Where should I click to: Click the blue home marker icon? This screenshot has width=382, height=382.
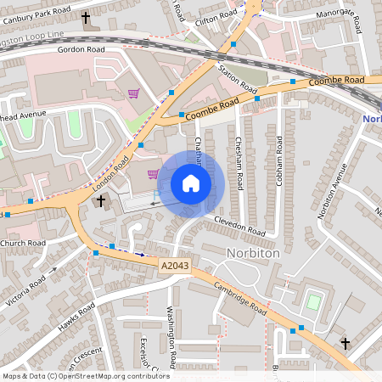coord(191,183)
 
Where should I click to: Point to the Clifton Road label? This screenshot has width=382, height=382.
coord(216,16)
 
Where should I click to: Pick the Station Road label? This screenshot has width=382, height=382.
coord(237,77)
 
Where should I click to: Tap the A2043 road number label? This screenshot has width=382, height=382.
coord(173,267)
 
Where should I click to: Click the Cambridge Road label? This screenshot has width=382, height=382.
coord(240,299)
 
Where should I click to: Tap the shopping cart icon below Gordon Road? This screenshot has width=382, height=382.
coord(133,93)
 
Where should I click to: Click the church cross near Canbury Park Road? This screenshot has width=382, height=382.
coord(85,17)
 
